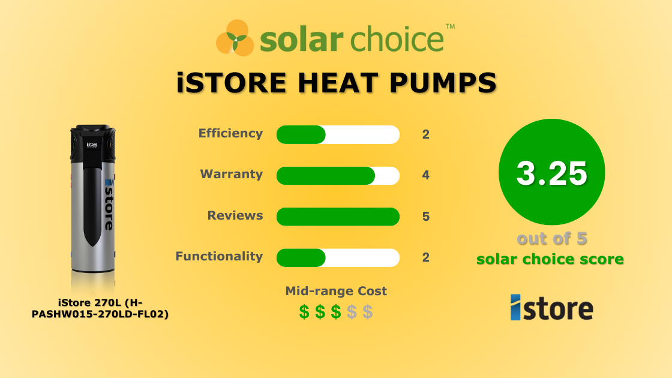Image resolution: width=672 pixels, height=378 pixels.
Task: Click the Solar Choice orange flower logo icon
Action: [x=236, y=38]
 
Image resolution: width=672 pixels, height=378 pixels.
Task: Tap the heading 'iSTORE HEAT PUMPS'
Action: [x=337, y=82]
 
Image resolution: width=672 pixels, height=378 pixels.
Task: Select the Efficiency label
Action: [x=230, y=133]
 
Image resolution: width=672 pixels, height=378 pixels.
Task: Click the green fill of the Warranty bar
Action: [x=325, y=176]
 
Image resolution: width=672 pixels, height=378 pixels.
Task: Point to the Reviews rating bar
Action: [x=338, y=217]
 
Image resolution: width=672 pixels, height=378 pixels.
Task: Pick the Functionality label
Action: [x=219, y=256]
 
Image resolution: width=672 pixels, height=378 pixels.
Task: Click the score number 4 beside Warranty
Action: [x=426, y=176]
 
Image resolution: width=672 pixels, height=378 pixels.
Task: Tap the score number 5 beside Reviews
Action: [x=426, y=217]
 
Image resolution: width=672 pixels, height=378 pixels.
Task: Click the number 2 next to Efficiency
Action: [x=426, y=134]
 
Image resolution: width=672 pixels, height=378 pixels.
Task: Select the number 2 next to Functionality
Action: [x=426, y=257]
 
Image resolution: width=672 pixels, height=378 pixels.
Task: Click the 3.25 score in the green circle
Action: [x=551, y=173]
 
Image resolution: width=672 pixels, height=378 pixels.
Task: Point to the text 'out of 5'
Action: [x=551, y=239]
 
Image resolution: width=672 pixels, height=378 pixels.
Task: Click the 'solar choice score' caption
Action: [x=550, y=259]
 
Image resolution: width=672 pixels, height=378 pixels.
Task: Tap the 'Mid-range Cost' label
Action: [x=336, y=291]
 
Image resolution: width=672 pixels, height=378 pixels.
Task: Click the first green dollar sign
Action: [x=305, y=312]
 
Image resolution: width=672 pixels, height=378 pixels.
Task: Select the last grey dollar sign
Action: [x=368, y=312]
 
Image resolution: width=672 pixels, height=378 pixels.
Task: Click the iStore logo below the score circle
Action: [x=551, y=307]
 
